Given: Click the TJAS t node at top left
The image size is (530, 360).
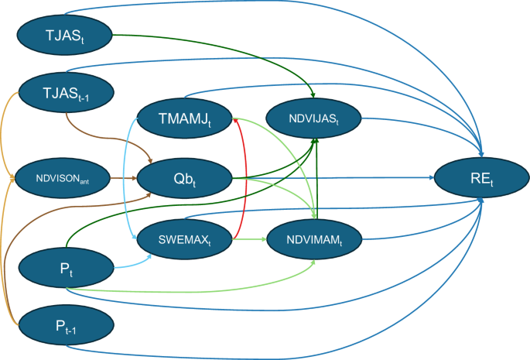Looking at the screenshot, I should (x=66, y=35).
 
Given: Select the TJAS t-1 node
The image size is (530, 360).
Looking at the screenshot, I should (x=66, y=94).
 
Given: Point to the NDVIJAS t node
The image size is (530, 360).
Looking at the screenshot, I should (x=313, y=119).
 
